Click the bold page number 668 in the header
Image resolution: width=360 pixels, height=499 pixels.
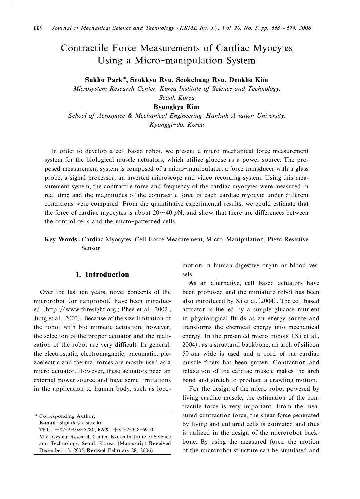[38, 28]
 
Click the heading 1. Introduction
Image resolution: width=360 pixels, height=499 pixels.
[102, 274]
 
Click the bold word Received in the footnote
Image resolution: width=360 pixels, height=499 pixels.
[160, 443]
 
